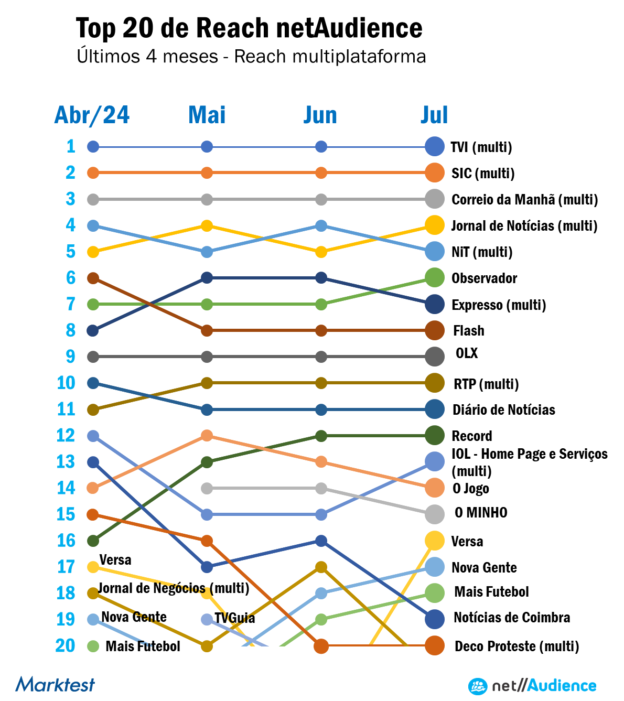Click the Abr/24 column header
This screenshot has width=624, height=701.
tap(92, 115)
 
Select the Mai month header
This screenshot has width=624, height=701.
tap(207, 115)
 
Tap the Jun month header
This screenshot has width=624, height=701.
tap(320, 115)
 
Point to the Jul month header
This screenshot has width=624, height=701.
tap(434, 115)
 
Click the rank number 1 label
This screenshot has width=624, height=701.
tap(71, 146)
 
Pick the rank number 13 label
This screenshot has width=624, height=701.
tap(66, 462)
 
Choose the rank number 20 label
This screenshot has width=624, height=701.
tap(66, 646)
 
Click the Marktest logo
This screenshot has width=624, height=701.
tap(55, 684)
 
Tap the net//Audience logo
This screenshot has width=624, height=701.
tap(532, 686)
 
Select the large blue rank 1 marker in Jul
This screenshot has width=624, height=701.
tap(435, 146)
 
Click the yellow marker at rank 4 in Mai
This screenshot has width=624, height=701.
tap(207, 226)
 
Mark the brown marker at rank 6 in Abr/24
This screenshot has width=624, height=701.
tap(93, 278)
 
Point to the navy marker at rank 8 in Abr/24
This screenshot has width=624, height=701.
tap(93, 331)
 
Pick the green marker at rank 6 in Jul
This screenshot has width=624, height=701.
tap(435, 277)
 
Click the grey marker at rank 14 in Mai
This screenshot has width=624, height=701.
tap(207, 489)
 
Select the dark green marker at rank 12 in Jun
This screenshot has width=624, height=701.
tap(321, 436)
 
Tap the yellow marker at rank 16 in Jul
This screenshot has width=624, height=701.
tap(435, 541)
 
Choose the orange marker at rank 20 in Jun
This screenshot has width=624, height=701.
tap(321, 646)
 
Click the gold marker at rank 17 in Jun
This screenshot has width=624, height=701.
tap(321, 567)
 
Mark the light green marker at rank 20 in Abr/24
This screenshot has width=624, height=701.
tap(93, 646)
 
